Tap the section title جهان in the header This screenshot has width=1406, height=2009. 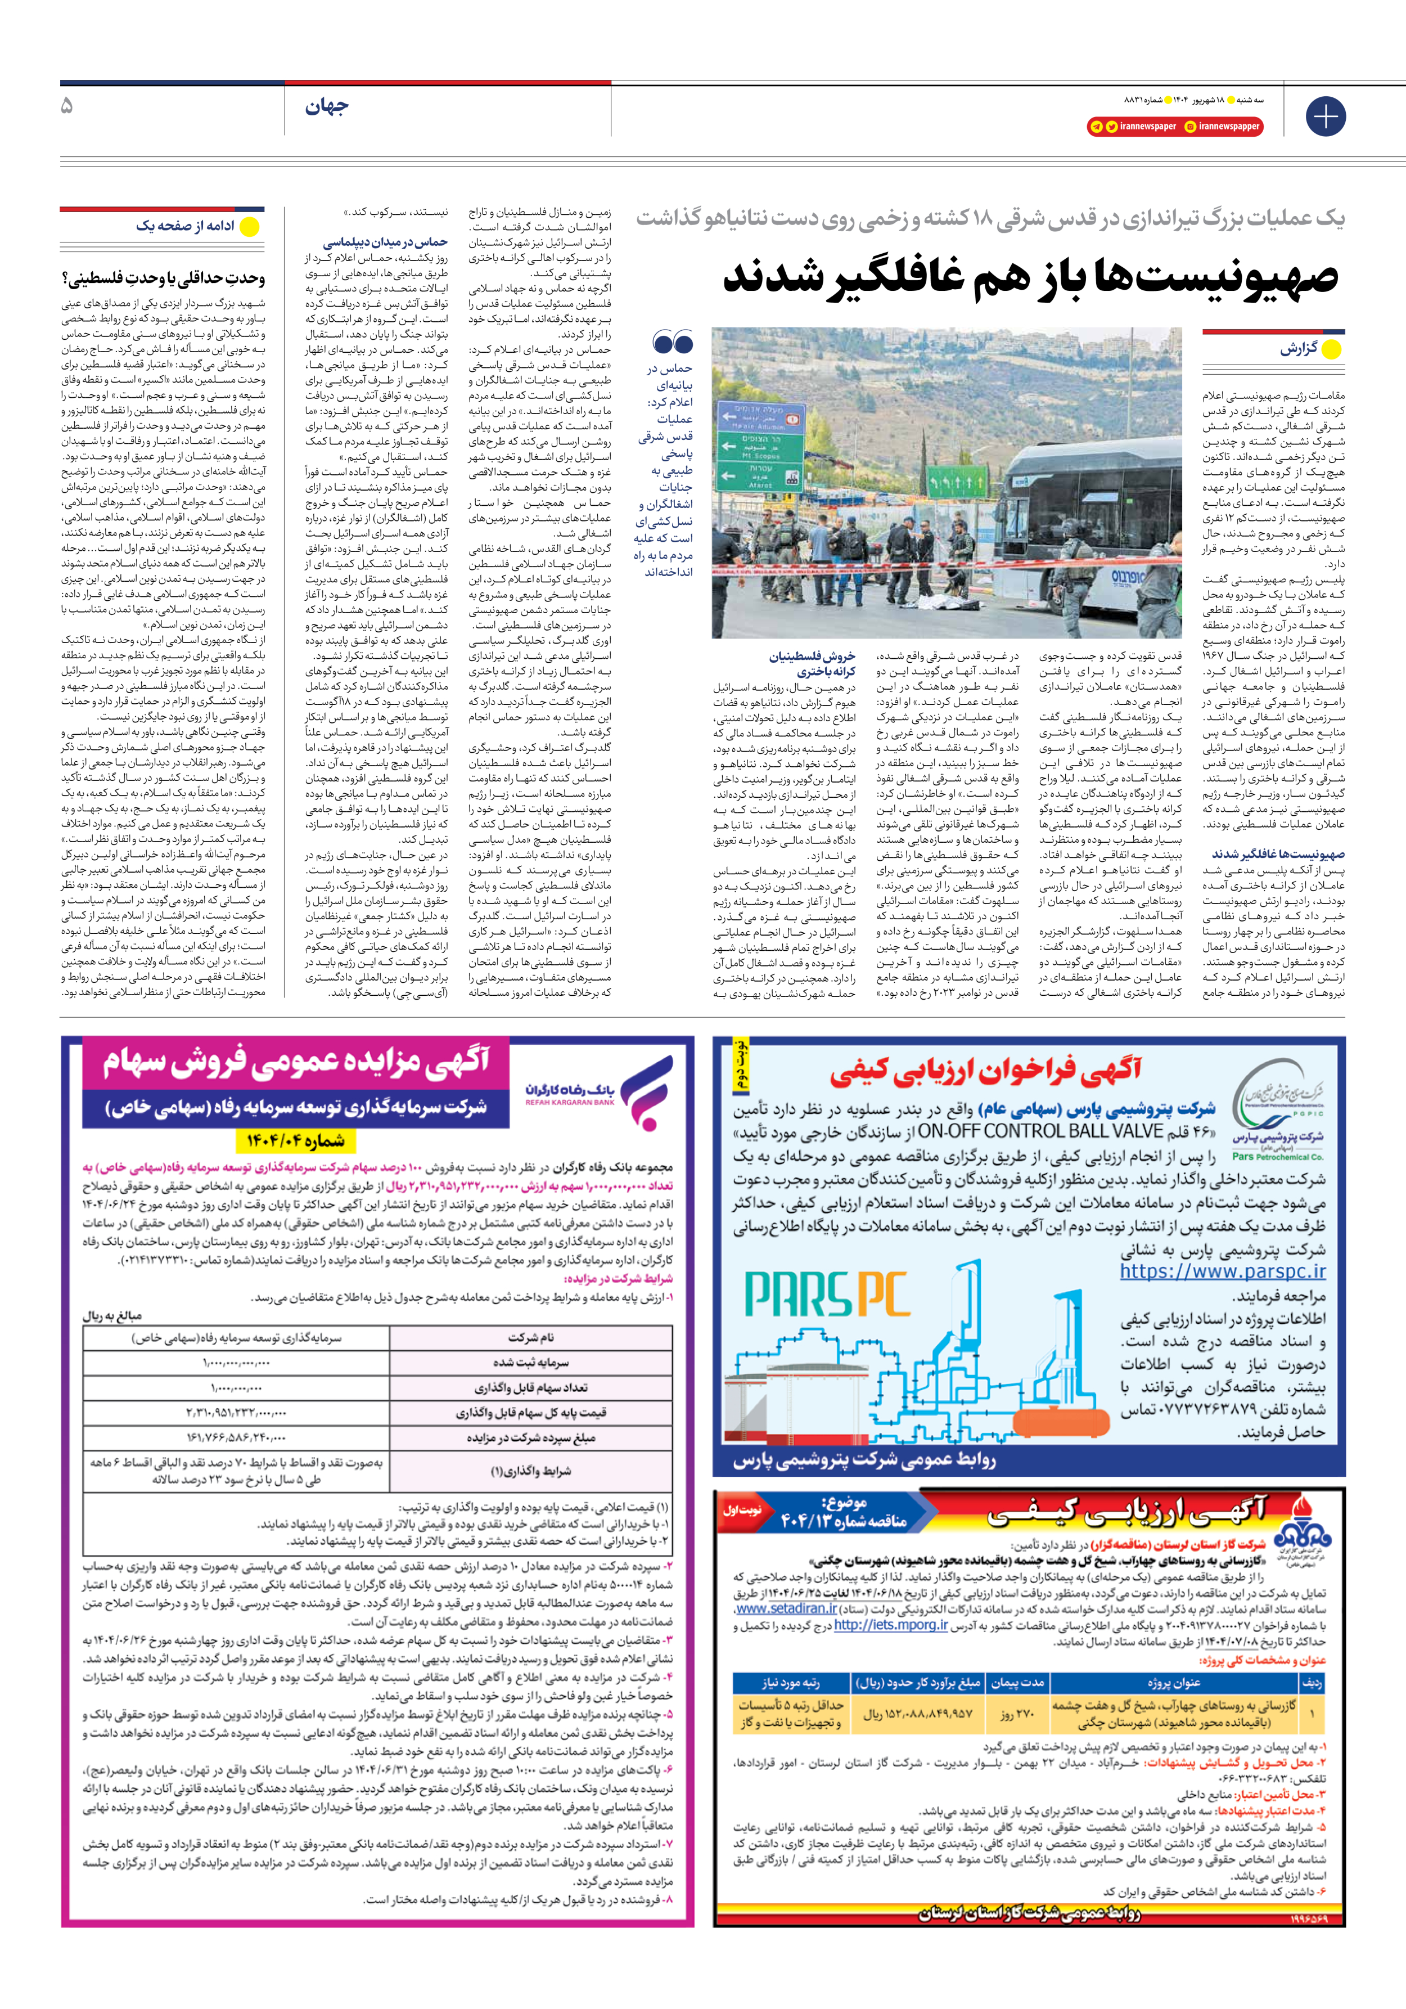(x=326, y=107)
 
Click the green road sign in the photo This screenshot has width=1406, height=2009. (x=760, y=443)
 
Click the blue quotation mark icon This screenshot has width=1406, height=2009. (x=673, y=342)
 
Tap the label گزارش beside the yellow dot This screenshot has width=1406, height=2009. (x=1299, y=348)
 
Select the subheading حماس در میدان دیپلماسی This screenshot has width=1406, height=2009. (x=385, y=241)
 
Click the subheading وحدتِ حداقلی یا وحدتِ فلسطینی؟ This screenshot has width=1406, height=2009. (x=163, y=278)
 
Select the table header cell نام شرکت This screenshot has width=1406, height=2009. (x=530, y=1337)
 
